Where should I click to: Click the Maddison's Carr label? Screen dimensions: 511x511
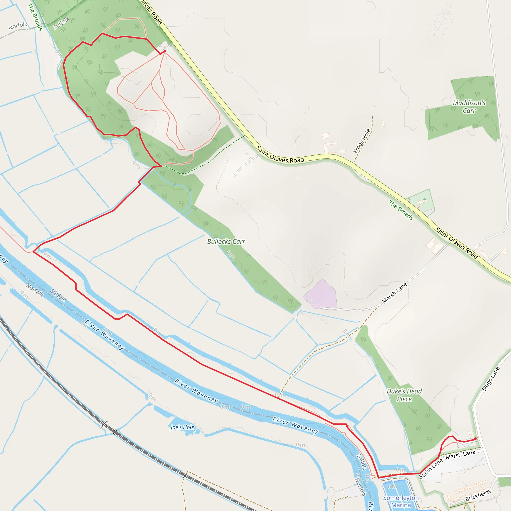click(469, 107)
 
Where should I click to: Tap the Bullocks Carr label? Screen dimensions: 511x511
click(226, 242)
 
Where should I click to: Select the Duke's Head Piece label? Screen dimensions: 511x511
click(404, 395)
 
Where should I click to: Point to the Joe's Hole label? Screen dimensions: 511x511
click(182, 427)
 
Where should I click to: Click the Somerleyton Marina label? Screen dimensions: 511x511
click(401, 501)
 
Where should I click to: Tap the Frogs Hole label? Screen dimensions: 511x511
click(362, 141)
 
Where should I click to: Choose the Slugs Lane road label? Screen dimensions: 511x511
click(491, 379)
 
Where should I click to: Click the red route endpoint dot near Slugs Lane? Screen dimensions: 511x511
click(475, 439)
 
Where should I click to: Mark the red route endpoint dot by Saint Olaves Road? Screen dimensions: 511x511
click(165, 51)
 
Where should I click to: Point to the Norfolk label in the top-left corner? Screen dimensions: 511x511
click(18, 26)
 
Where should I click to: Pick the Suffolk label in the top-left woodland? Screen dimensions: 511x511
click(61, 23)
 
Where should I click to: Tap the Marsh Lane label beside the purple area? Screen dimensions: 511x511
click(394, 293)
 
